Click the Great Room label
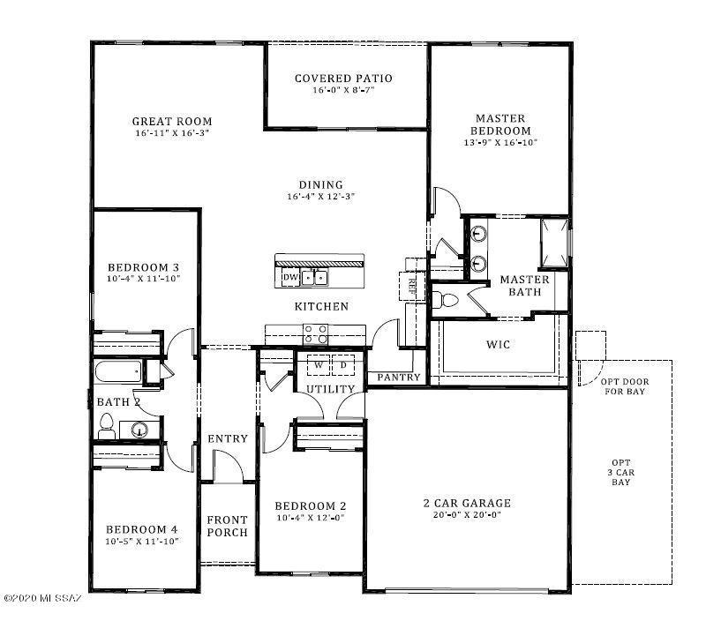(x=172, y=122)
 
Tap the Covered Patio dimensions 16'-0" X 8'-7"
(x=343, y=90)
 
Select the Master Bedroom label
(x=500, y=124)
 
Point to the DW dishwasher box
(x=290, y=277)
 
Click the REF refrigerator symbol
(x=412, y=286)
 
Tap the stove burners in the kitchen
(x=316, y=334)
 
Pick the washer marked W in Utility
(x=319, y=365)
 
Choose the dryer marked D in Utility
(x=343, y=365)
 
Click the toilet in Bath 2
(x=107, y=426)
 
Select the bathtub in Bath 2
(x=117, y=371)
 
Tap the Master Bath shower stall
(x=554, y=243)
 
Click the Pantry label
(x=399, y=378)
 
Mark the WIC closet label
(x=498, y=344)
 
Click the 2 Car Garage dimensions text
(x=467, y=515)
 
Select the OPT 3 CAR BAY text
(x=620, y=472)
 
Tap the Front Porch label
(x=227, y=526)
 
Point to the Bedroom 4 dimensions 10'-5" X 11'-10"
(x=141, y=542)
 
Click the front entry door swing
(x=229, y=466)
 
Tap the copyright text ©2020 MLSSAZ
(x=42, y=598)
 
